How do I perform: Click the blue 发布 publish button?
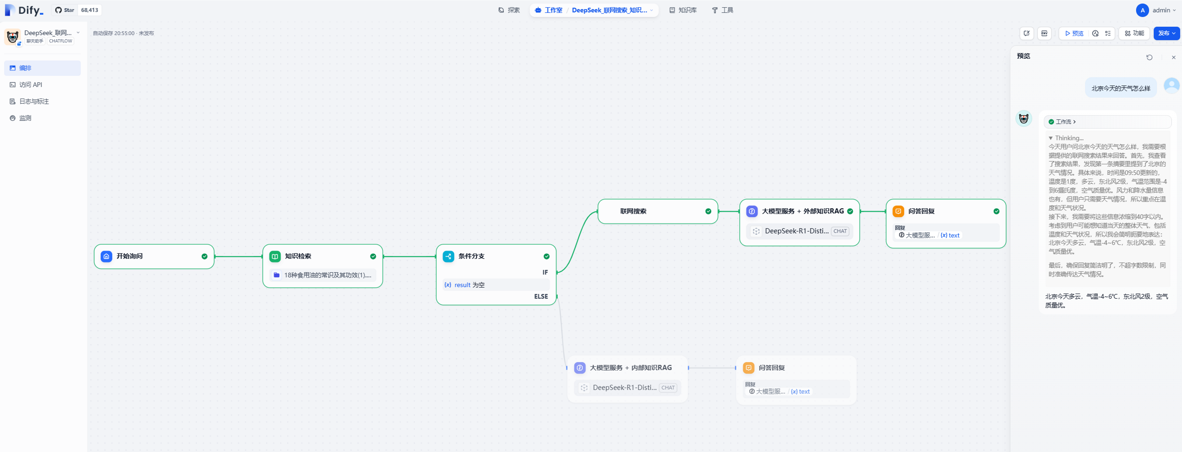click(x=1166, y=33)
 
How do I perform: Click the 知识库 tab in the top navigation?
click(x=683, y=10)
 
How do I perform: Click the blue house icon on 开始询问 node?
click(x=106, y=256)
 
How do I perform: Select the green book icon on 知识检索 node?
click(x=275, y=256)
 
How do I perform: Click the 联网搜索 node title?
click(x=633, y=211)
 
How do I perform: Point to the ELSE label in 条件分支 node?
click(x=541, y=297)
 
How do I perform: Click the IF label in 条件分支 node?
click(x=545, y=272)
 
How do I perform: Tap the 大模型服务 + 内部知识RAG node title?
click(x=631, y=368)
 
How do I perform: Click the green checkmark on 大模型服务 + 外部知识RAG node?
click(x=850, y=211)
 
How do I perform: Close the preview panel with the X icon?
click(x=1174, y=57)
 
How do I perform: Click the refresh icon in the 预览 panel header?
click(x=1150, y=57)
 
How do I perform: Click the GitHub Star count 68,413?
click(x=89, y=10)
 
